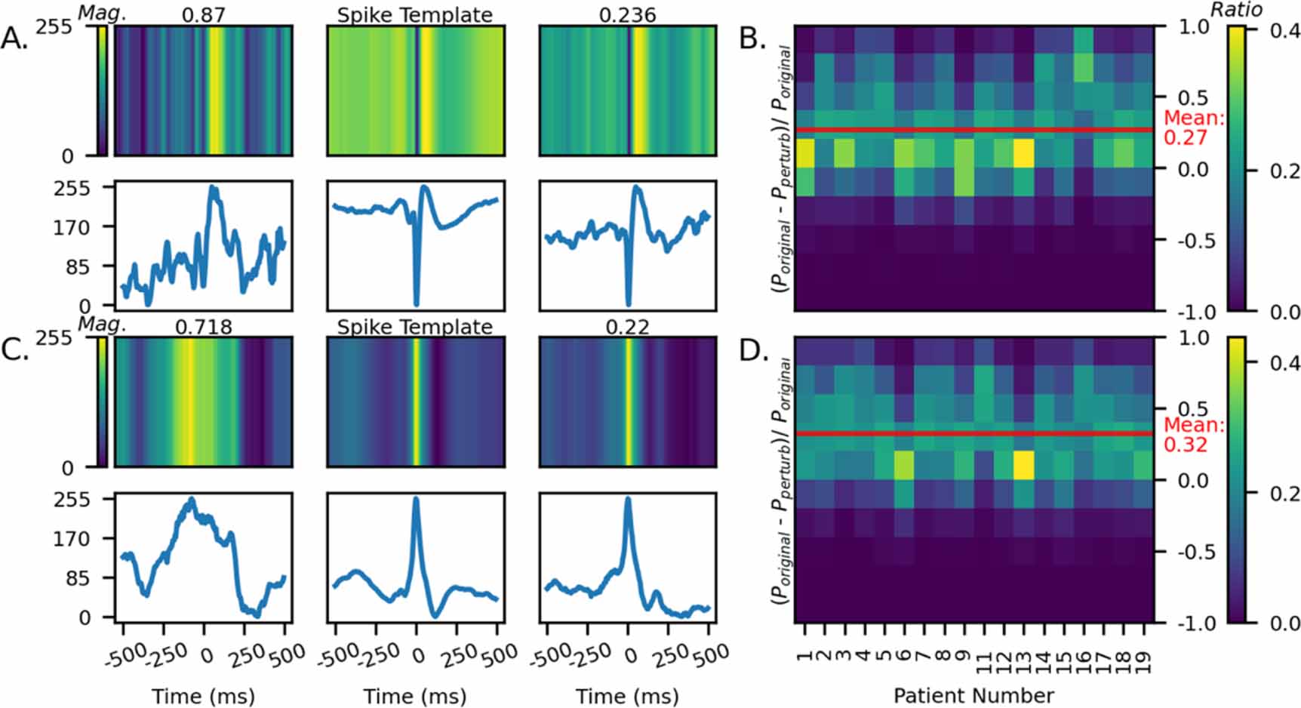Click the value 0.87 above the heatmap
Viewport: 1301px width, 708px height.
[203, 14]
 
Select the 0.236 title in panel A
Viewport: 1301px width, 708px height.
[627, 14]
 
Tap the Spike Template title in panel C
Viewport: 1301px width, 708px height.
[414, 327]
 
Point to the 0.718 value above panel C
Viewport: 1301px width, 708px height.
[203, 327]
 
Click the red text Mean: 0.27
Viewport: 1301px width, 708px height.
[1193, 128]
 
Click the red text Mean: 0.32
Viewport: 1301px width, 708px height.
[1193, 435]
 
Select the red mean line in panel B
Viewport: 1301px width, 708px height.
[973, 130]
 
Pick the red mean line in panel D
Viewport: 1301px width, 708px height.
[973, 433]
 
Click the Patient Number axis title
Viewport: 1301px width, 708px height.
[973, 694]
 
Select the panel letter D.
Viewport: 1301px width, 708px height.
[752, 351]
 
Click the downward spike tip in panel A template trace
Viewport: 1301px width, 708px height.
[416, 303]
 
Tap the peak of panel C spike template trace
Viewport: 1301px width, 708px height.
[415, 499]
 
